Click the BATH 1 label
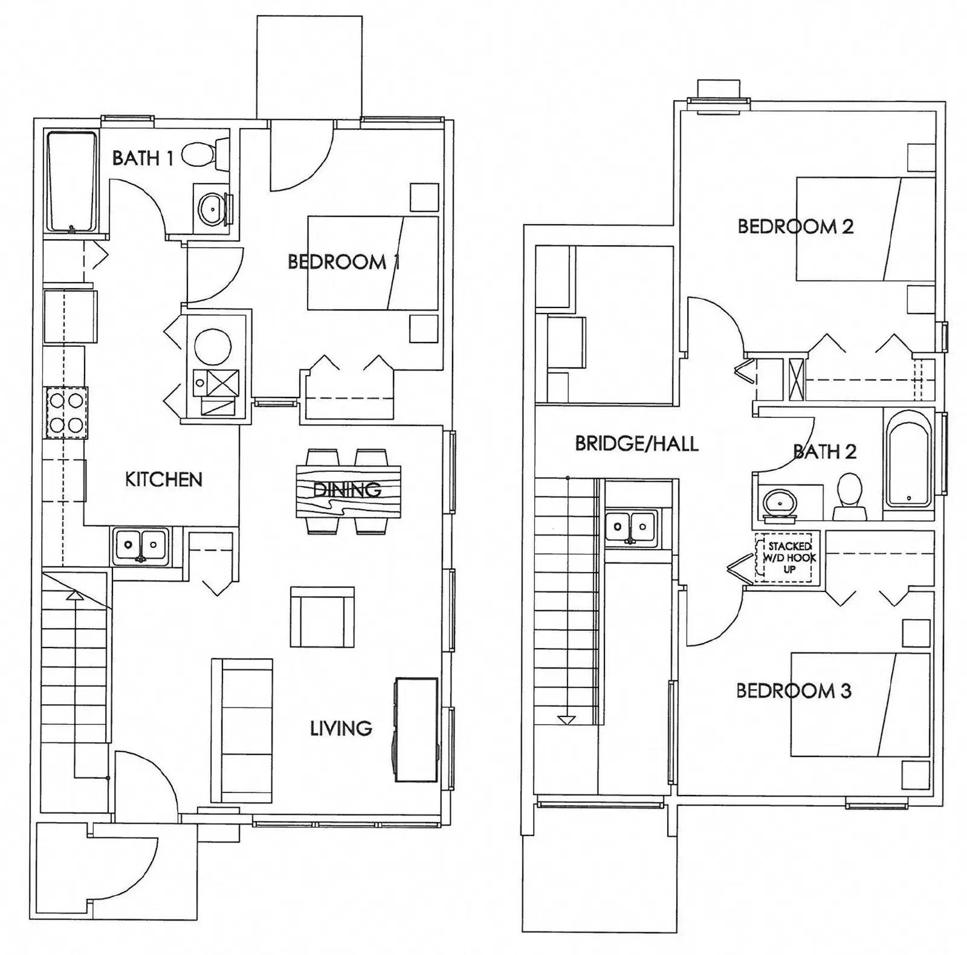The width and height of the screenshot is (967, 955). click(x=143, y=158)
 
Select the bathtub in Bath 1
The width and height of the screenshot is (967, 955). click(x=72, y=182)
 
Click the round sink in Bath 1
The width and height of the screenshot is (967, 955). click(x=210, y=208)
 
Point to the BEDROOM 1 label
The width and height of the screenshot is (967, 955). click(x=343, y=262)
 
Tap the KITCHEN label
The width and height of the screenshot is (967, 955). click(x=163, y=480)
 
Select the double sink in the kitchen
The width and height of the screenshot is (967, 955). click(x=140, y=545)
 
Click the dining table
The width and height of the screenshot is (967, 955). click(x=348, y=490)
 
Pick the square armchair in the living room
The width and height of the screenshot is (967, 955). click(x=322, y=617)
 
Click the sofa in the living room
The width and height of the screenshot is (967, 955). click(x=242, y=731)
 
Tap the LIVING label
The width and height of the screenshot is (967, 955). click(x=341, y=728)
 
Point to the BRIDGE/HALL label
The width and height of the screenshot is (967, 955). click(x=636, y=444)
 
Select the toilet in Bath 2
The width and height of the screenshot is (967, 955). click(x=850, y=497)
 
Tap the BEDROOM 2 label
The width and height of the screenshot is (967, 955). click(x=795, y=227)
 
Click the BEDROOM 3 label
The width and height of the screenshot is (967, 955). click(x=794, y=690)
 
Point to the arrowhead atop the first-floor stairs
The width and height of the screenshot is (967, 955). click(x=74, y=595)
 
